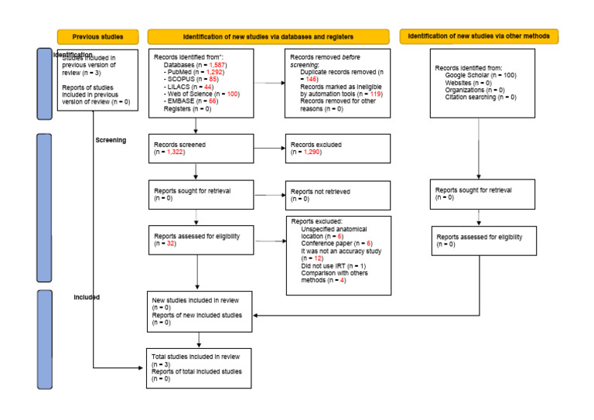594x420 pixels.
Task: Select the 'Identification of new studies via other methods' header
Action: [x=480, y=36]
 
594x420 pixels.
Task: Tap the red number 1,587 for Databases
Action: [x=217, y=67]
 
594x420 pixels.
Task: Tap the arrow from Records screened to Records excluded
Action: [x=268, y=149]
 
